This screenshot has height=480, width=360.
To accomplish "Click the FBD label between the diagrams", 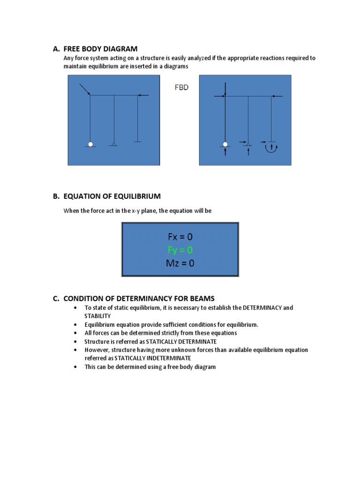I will [181, 87].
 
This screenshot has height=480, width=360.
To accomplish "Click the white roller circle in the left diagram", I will [90, 144].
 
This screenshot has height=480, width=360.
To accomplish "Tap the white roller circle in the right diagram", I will [225, 144].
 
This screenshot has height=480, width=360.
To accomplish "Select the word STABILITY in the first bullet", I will [97, 316].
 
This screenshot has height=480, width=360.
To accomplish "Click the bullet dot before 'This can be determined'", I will [75, 367].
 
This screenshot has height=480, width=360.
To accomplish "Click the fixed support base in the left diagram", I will [137, 141].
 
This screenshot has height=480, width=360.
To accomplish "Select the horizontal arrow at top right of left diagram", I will [143, 96].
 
